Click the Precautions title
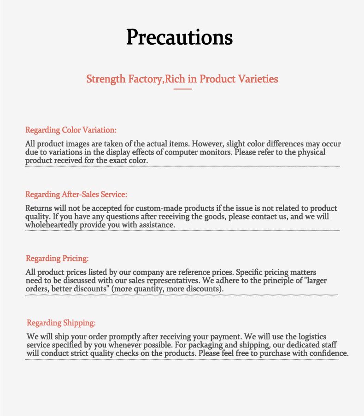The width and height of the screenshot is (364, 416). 180,37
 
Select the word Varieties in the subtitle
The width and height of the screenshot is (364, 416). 258,79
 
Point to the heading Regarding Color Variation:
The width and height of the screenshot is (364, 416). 71,130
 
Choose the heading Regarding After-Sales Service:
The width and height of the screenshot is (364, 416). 76,194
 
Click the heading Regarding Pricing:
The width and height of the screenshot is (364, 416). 57,258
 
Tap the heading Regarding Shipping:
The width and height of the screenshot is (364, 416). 61,323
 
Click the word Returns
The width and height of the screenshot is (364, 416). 38,208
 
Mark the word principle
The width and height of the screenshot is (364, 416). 261,281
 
